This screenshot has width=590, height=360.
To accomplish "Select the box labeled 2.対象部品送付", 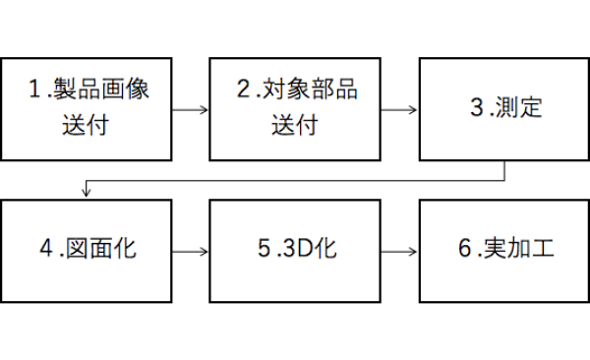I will [295, 107].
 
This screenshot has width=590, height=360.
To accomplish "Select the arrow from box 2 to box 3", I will [399, 108].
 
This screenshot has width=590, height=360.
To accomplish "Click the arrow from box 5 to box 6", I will [399, 251].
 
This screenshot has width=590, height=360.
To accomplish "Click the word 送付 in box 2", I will [295, 125].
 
